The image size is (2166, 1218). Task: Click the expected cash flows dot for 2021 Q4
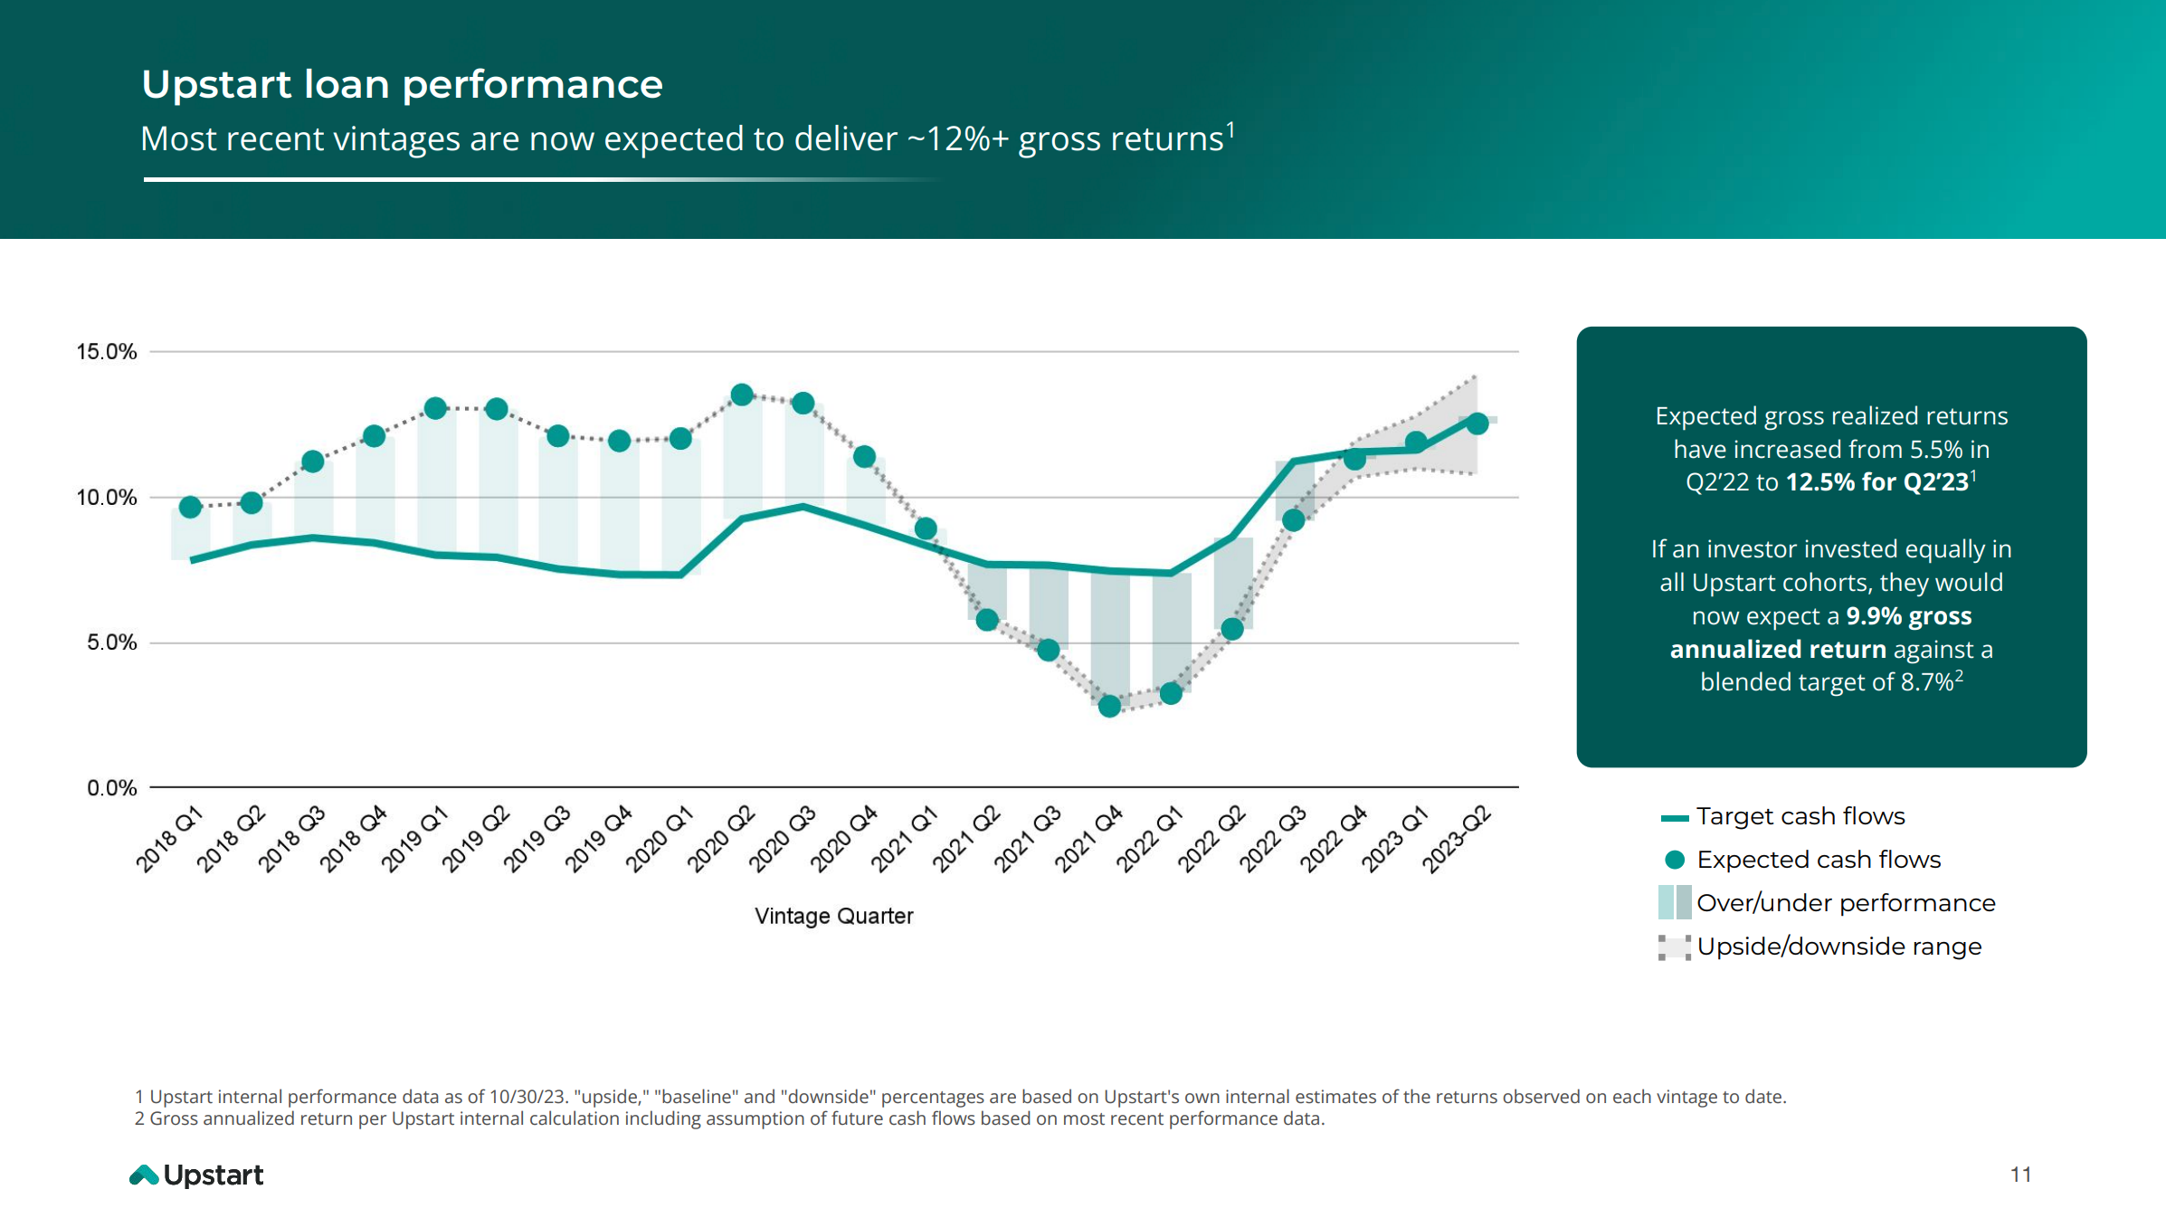coord(1109,706)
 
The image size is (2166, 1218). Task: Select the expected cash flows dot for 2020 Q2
coord(742,395)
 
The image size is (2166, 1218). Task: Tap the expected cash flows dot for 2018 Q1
coord(190,507)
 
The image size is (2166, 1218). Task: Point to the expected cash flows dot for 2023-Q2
coord(1477,423)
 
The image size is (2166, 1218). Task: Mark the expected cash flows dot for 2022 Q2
coord(1232,628)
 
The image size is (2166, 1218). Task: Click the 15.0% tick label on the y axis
coord(106,352)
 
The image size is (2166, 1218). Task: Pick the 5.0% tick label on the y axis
coord(111,642)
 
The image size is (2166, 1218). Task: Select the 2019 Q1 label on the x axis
coord(414,839)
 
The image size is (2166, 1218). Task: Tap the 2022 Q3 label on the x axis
coord(1272,839)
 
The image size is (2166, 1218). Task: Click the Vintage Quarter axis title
coord(833,916)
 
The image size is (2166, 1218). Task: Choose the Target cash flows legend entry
coord(1800,816)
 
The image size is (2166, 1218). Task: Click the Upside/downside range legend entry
coord(1838,947)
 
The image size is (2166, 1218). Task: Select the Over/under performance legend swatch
coord(1675,903)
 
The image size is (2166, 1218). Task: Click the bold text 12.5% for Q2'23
coord(1876,482)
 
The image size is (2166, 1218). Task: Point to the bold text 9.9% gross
coord(1908,616)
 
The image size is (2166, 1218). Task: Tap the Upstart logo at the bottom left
coord(196,1175)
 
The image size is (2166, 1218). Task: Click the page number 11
coord(2020,1175)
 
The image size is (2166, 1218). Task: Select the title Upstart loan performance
coord(402,84)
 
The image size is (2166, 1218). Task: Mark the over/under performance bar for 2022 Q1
coord(1171,633)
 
